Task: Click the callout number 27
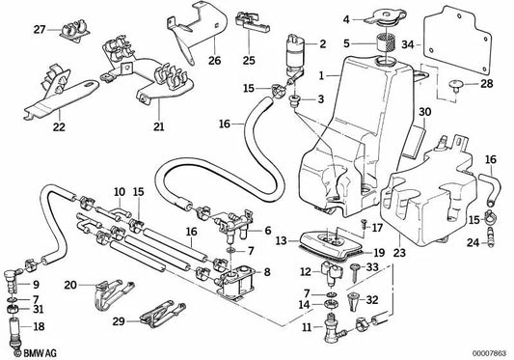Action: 39,31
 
